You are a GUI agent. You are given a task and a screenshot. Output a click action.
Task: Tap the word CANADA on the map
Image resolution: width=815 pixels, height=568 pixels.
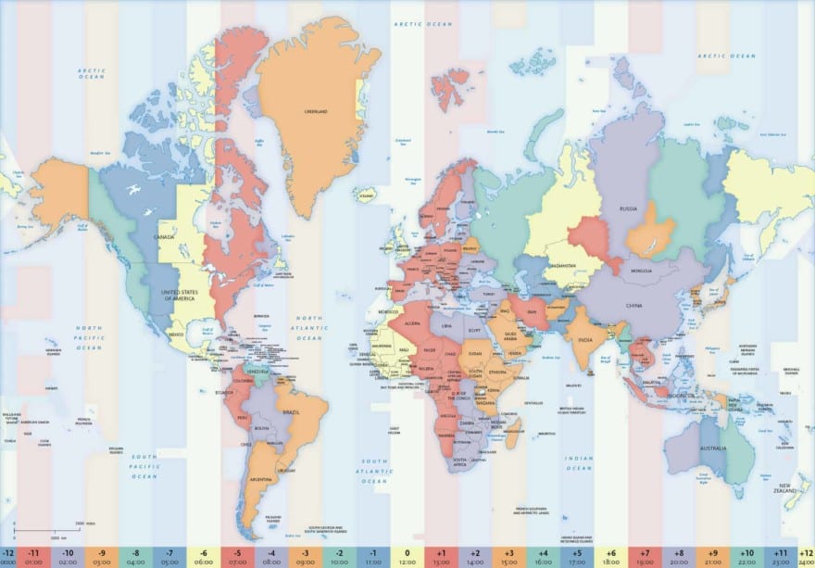pos(167,236)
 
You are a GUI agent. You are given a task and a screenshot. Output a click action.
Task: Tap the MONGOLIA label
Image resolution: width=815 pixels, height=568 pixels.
pos(641,270)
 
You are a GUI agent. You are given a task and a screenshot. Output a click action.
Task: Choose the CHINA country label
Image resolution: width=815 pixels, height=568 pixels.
pos(633,305)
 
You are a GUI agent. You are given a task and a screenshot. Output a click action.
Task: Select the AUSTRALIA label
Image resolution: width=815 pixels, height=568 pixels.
pos(711,450)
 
